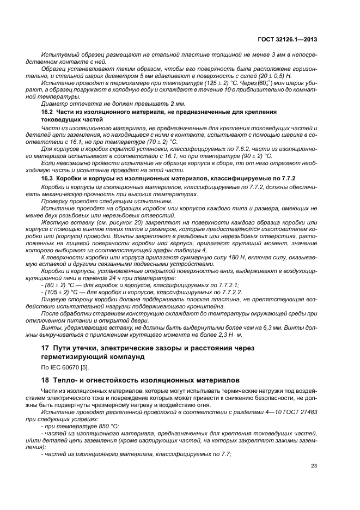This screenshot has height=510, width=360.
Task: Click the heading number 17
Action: tap(46, 347)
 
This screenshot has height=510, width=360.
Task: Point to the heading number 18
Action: tap(46, 379)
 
